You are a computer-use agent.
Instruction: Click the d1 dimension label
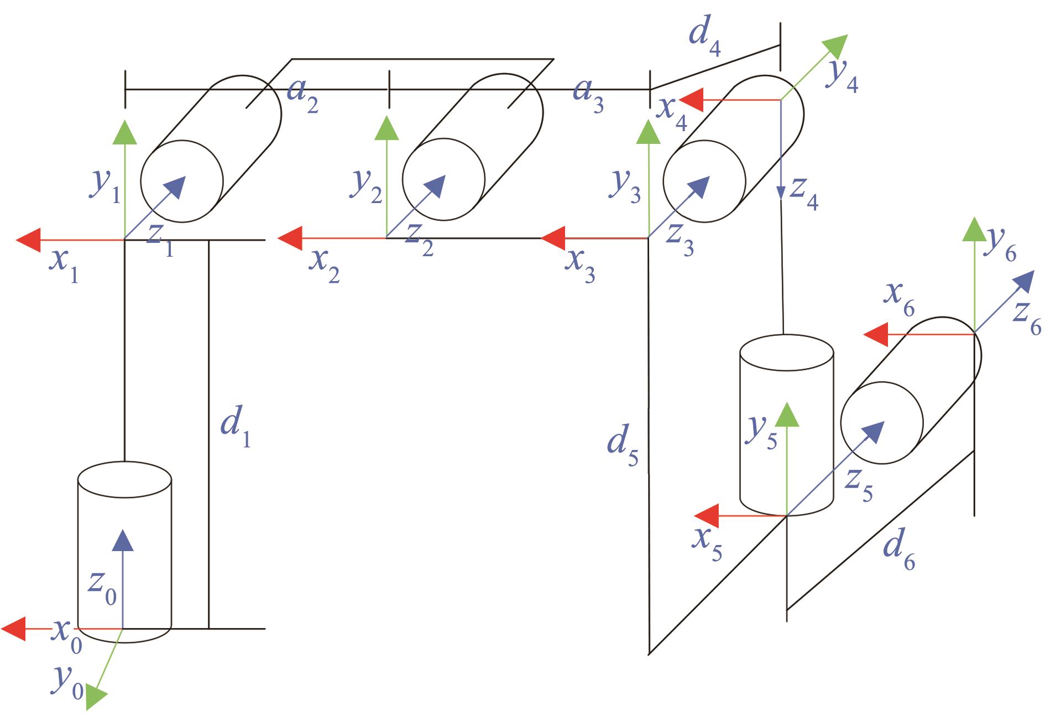click(x=236, y=430)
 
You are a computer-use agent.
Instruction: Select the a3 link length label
click(x=588, y=95)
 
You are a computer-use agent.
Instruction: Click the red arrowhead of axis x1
click(x=29, y=240)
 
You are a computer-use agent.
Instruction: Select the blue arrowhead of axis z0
click(x=123, y=540)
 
